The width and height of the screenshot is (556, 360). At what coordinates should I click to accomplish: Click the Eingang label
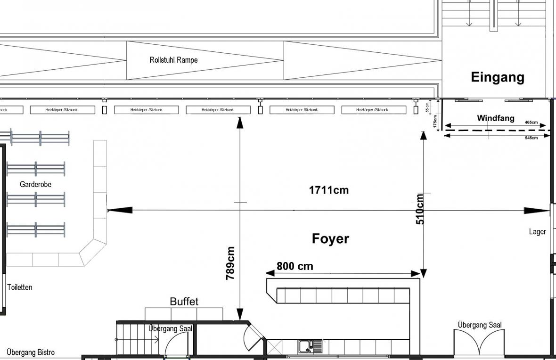click(498, 77)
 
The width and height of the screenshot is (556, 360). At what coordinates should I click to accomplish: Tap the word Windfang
click(496, 118)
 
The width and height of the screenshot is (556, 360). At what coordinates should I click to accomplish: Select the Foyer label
click(330, 238)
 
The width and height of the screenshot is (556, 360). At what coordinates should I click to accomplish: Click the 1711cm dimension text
click(329, 190)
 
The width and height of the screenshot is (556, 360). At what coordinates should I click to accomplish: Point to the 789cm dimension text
click(230, 263)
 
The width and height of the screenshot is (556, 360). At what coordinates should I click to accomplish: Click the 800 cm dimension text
click(294, 266)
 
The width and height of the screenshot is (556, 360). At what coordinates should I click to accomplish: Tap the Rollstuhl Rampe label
click(173, 60)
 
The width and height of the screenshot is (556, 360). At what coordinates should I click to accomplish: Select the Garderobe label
click(35, 184)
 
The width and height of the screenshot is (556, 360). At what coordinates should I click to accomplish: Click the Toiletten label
click(20, 287)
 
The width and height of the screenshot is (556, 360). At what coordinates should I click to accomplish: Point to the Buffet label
click(184, 302)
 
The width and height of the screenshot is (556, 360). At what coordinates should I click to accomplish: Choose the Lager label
click(537, 231)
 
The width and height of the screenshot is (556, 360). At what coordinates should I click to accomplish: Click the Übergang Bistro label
click(31, 352)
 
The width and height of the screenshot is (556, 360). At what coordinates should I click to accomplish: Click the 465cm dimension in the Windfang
click(531, 123)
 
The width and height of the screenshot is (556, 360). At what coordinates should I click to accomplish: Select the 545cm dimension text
click(531, 138)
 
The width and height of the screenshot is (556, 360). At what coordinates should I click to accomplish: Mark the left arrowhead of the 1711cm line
click(115, 210)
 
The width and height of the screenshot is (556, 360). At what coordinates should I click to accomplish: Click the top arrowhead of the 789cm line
click(240, 122)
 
